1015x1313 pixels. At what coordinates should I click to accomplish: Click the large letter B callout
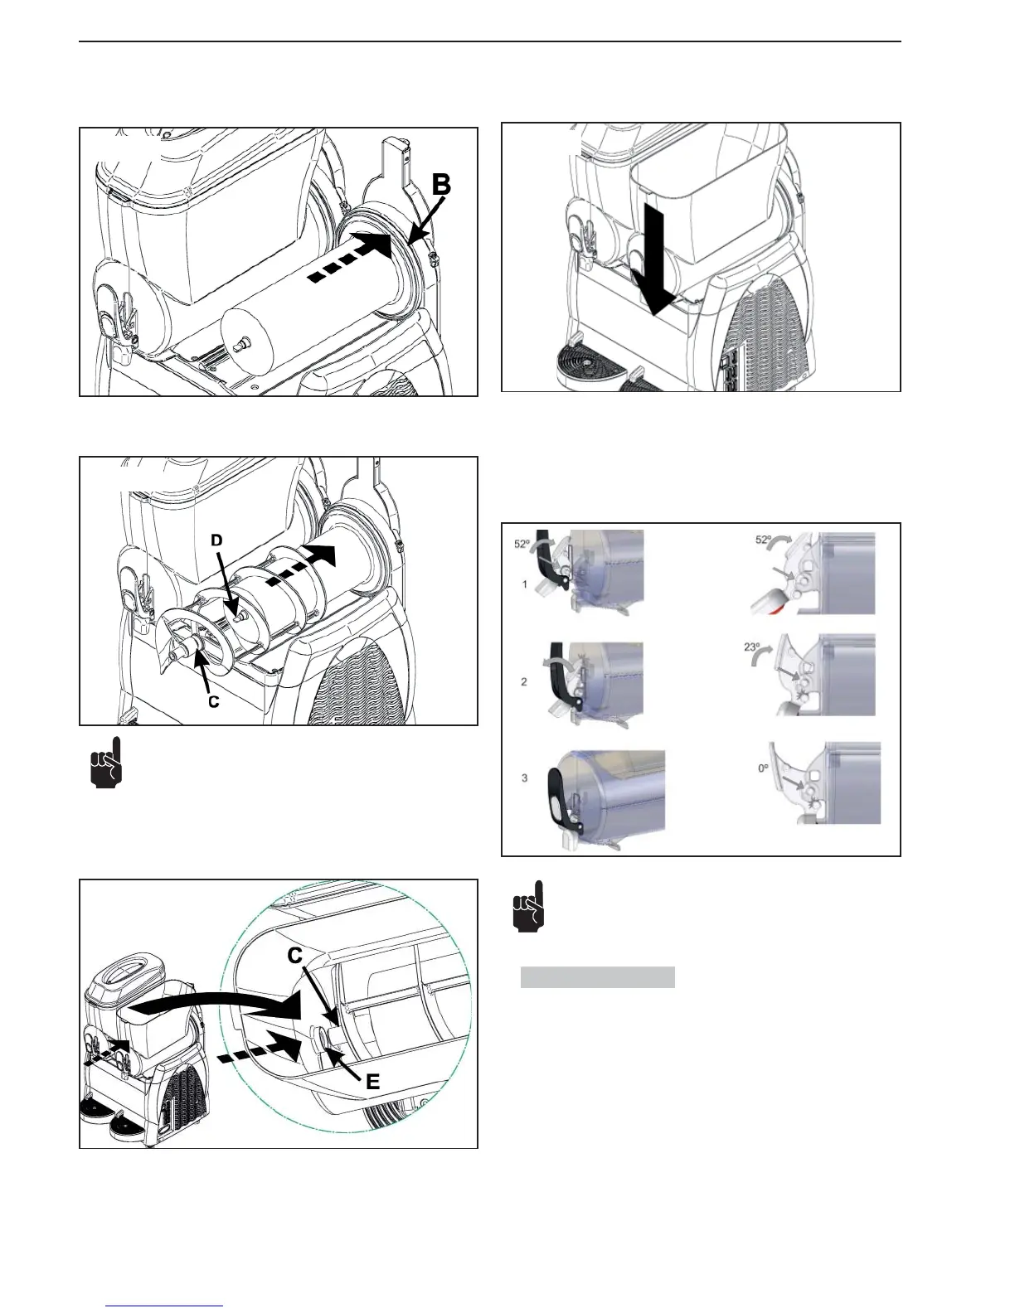click(x=441, y=184)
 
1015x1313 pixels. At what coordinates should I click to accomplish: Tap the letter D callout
click(x=216, y=540)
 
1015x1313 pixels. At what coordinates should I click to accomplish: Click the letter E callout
click(x=373, y=1081)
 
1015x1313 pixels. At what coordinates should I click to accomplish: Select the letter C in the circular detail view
click(x=294, y=955)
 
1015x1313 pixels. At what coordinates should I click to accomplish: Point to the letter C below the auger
click(x=213, y=701)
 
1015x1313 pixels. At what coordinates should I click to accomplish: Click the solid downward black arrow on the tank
click(x=653, y=259)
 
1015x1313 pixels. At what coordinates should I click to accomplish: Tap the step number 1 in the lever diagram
click(x=524, y=584)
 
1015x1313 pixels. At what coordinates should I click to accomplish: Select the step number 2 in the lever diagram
click(x=523, y=681)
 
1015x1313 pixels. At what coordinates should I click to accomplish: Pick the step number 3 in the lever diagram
click(x=524, y=778)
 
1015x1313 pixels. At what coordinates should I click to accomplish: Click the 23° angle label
click(x=752, y=647)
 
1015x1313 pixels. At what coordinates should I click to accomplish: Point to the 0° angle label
click(x=764, y=768)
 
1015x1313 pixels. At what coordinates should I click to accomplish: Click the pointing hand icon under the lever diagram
click(x=528, y=906)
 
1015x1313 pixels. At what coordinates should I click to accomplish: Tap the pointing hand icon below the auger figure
click(x=106, y=762)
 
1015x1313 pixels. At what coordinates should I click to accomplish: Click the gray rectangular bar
click(x=597, y=977)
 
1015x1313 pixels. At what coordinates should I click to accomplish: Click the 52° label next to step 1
click(x=522, y=544)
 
